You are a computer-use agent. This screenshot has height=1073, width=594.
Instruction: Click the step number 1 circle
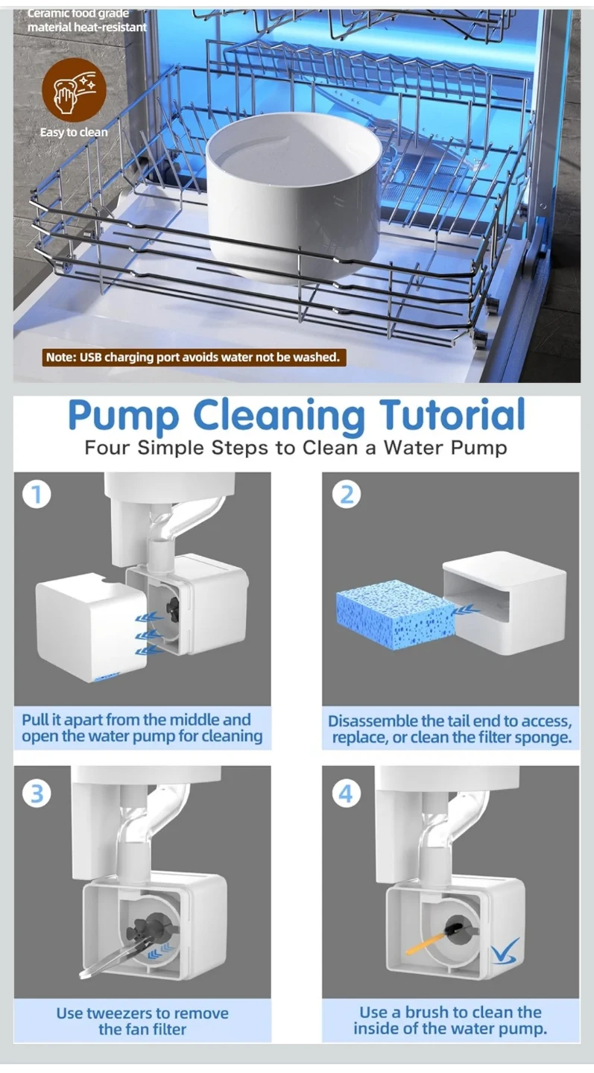(x=37, y=495)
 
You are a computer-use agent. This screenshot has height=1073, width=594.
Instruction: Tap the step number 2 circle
(x=347, y=494)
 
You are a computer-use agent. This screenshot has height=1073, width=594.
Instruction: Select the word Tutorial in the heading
(x=452, y=414)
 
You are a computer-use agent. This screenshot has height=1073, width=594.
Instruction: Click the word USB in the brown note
(x=90, y=357)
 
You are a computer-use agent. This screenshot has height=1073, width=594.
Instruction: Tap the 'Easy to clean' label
(x=74, y=132)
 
